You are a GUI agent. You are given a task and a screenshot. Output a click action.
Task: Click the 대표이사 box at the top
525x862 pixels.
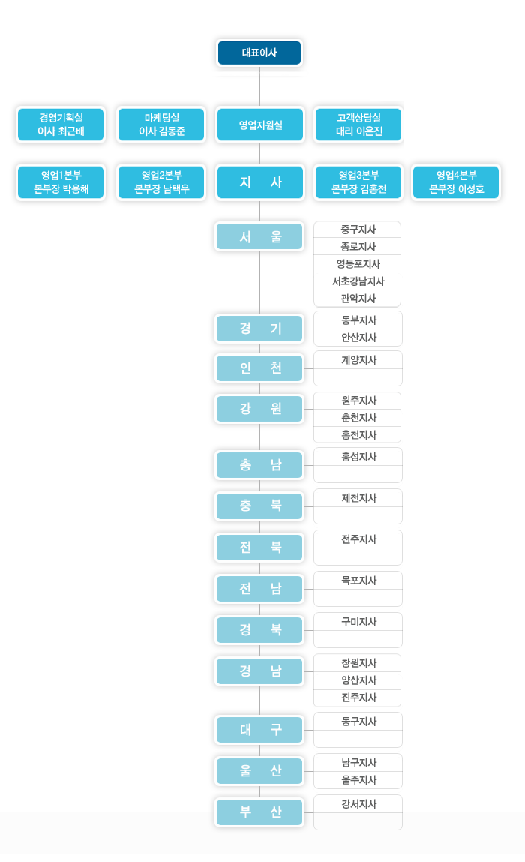259,53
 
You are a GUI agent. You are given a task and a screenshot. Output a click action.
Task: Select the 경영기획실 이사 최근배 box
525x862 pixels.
61,125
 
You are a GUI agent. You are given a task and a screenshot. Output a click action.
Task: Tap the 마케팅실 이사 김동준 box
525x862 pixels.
161,125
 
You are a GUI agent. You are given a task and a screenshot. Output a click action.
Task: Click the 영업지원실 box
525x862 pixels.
260,125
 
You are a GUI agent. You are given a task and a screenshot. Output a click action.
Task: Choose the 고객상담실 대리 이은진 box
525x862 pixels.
358,125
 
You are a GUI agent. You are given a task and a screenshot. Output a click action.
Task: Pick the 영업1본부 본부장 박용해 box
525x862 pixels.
61,182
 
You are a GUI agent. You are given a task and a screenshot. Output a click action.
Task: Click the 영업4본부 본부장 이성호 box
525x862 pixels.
456,182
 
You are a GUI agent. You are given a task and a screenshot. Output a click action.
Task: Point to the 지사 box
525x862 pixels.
260,182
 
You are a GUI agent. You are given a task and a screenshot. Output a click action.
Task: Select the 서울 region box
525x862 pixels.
259,236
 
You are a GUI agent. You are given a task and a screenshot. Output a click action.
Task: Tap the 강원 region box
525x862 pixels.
259,408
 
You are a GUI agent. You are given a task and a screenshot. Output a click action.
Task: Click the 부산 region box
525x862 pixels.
259,812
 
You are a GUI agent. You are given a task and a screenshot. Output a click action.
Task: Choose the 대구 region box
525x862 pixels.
259,729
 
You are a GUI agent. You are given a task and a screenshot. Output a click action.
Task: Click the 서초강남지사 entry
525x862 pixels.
358,281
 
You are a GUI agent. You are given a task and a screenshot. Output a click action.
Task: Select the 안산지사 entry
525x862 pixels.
358,338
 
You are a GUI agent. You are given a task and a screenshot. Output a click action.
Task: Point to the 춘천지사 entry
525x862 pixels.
358,418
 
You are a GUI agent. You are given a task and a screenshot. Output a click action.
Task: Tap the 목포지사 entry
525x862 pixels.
358,581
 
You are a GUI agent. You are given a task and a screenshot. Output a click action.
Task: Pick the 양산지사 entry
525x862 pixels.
358,680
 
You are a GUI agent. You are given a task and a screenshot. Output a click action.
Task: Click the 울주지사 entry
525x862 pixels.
358,779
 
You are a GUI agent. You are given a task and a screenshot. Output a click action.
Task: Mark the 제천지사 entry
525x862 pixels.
358,498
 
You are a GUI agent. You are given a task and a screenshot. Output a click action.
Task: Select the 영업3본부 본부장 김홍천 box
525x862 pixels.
358,182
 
